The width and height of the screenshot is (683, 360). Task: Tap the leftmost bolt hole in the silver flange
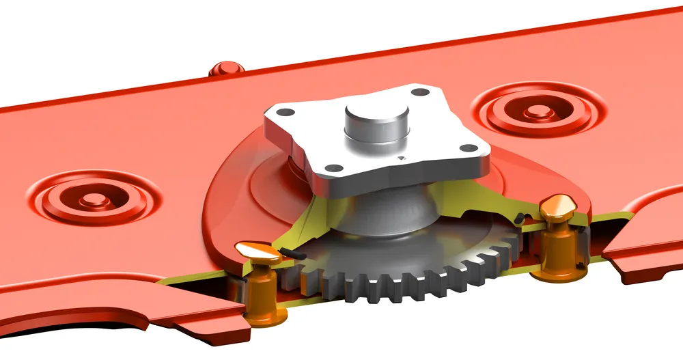288,112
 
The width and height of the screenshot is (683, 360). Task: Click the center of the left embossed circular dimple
95,198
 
